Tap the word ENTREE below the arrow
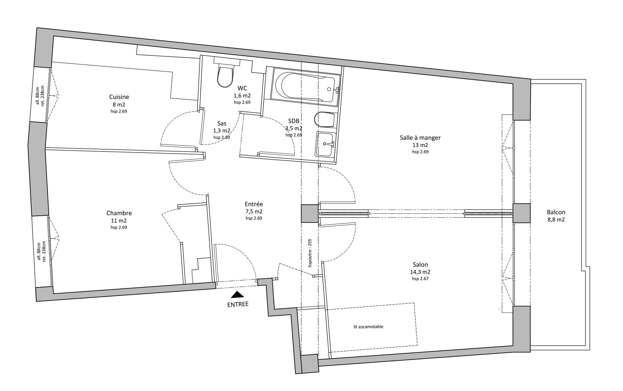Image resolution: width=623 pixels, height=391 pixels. pos(238,304)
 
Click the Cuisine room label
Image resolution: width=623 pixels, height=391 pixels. pos(119,97)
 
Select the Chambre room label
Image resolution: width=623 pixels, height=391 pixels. pos(119,213)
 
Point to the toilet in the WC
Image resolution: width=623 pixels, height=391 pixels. pos(225,76)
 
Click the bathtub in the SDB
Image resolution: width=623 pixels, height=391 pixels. pos(305,87)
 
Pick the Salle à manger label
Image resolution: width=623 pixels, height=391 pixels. pos(420,138)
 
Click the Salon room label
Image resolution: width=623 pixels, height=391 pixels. pos(420,265)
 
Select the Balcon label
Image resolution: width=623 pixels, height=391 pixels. pos(556,212)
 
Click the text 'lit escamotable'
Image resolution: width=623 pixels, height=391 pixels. pos(369,327)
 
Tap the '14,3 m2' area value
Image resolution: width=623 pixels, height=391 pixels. pos(420,272)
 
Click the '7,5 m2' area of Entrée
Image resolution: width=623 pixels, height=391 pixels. pos(254,212)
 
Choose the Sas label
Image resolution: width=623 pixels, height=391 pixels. pos(222,123)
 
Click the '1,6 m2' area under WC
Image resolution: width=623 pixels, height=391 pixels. pos(242,96)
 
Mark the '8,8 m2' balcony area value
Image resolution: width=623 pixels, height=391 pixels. pos(556,220)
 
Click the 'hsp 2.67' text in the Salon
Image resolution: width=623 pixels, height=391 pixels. pos(420,279)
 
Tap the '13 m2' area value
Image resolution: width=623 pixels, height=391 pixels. pos(420,145)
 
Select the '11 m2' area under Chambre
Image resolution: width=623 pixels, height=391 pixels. pos(119,221)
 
